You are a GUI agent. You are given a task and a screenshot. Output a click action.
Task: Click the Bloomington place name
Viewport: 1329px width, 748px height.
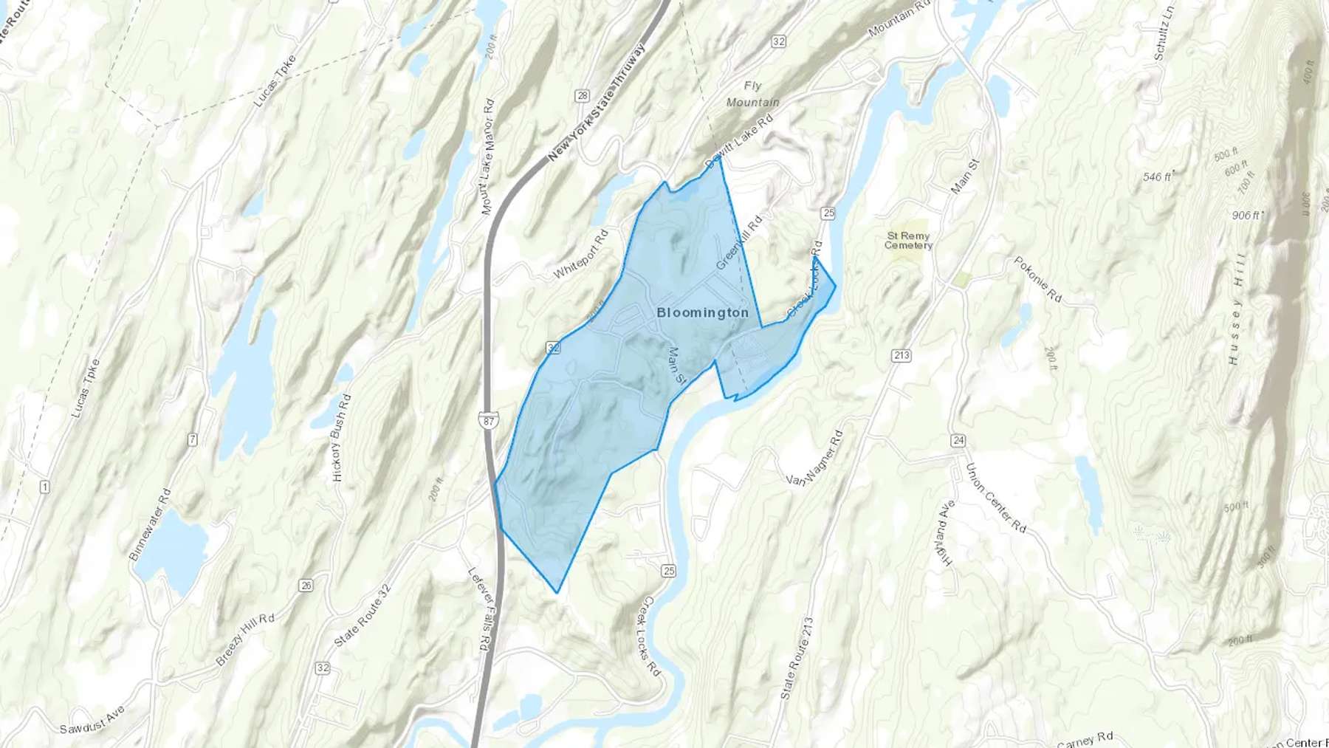(x=702, y=312)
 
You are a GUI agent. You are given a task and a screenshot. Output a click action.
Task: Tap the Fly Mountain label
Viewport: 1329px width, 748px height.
(x=752, y=95)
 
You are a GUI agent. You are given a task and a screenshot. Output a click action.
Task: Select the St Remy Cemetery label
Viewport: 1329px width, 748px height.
(x=908, y=241)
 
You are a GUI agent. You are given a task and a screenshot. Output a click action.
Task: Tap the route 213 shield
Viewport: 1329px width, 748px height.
(x=901, y=355)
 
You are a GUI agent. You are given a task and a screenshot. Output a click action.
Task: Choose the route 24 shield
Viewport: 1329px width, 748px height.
(x=958, y=440)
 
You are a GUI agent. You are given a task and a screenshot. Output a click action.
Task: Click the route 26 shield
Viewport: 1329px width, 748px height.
(x=306, y=586)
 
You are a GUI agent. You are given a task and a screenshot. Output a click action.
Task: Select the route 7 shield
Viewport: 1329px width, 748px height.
(x=193, y=440)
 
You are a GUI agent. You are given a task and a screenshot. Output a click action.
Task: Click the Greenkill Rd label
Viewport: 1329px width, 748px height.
(x=738, y=242)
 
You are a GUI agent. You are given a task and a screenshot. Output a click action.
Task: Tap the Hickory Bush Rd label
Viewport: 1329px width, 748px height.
(x=342, y=437)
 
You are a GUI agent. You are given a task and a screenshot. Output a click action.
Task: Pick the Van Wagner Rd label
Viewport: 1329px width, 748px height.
(x=814, y=459)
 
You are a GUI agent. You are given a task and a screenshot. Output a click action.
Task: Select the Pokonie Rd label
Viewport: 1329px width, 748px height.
(x=1037, y=279)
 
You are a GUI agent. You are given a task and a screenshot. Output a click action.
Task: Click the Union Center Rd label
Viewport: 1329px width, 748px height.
(x=995, y=498)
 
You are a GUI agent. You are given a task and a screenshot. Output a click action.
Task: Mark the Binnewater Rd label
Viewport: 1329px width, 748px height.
(x=150, y=524)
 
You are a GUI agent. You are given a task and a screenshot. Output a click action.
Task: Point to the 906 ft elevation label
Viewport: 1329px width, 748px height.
(x=1246, y=215)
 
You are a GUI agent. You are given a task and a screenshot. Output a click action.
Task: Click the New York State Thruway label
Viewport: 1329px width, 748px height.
(x=598, y=102)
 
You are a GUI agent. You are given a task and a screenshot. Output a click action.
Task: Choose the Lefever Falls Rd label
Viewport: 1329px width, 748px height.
(x=481, y=608)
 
